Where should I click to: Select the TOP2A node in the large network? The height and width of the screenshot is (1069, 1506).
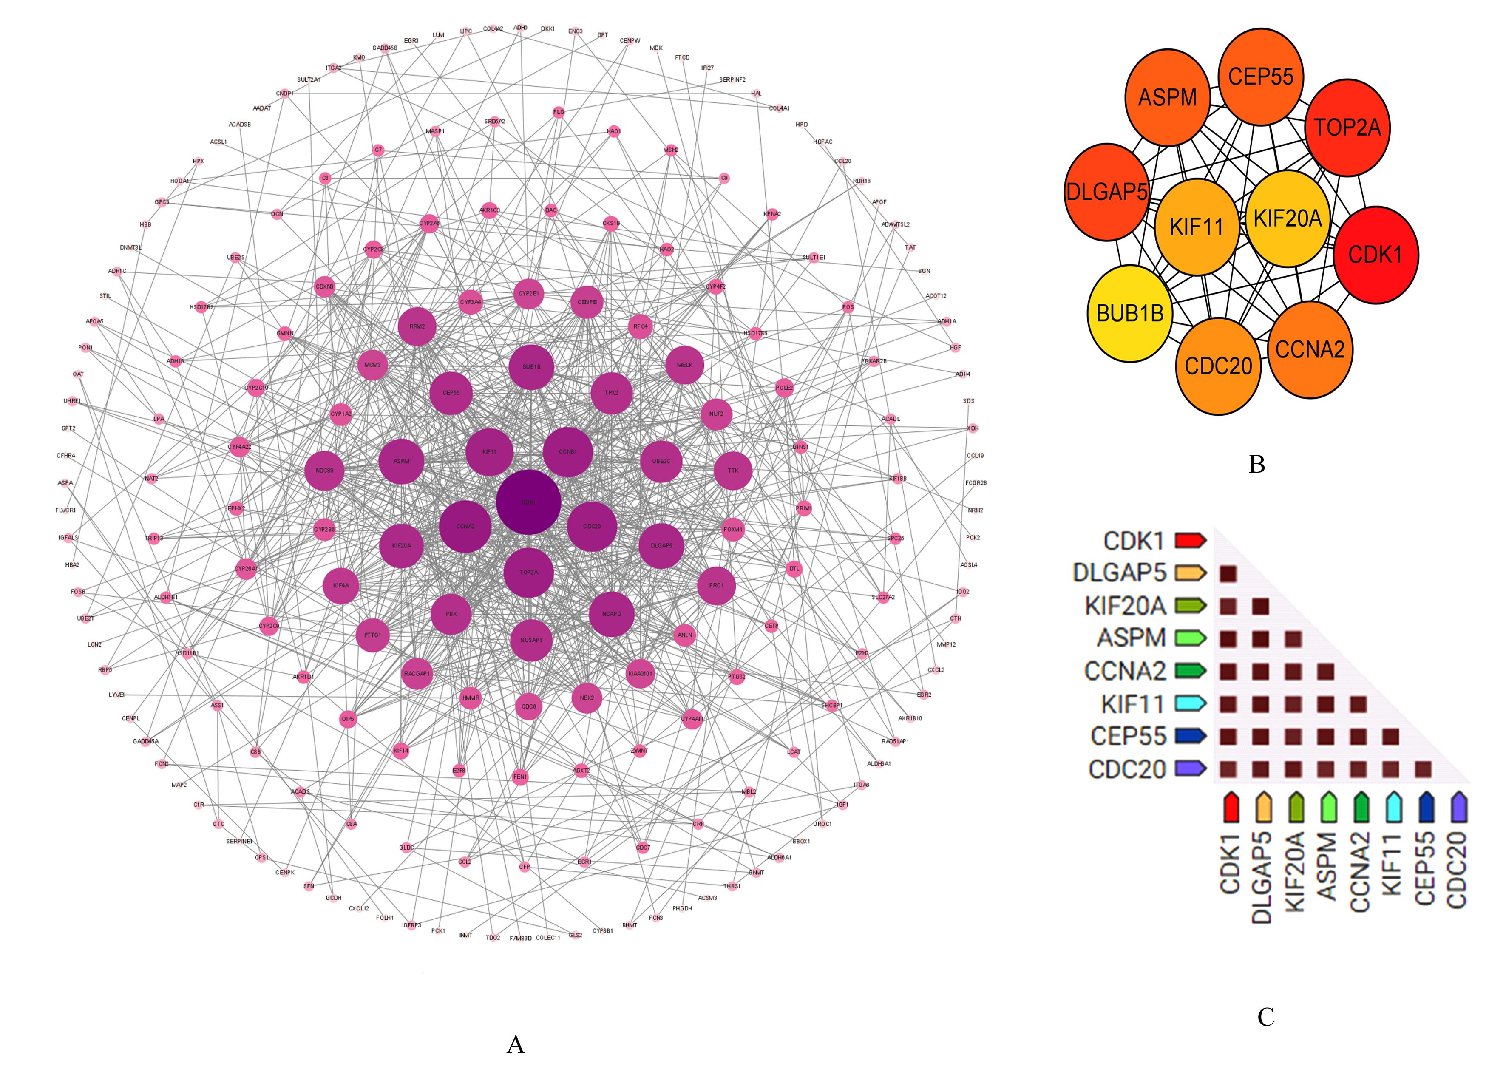528,573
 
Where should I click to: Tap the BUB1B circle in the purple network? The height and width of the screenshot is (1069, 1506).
531,367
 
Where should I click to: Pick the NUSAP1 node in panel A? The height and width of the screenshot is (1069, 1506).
531,640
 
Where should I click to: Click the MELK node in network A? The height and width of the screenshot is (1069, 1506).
684,365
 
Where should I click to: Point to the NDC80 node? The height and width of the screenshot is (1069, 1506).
324,471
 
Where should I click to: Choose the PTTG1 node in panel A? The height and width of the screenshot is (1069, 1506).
372,635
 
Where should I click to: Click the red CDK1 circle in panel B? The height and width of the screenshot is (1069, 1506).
1375,255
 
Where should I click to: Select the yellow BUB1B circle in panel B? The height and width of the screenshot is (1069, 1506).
1129,313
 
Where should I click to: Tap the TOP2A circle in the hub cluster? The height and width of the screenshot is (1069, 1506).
1347,127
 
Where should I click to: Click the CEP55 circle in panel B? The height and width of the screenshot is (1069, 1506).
1260,77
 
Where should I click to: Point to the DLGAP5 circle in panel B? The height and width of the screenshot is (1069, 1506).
1106,192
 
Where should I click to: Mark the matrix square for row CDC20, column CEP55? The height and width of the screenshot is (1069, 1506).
1423,769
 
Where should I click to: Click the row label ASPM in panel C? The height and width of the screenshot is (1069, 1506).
1131,638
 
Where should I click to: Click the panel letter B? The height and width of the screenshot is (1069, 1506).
1256,465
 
